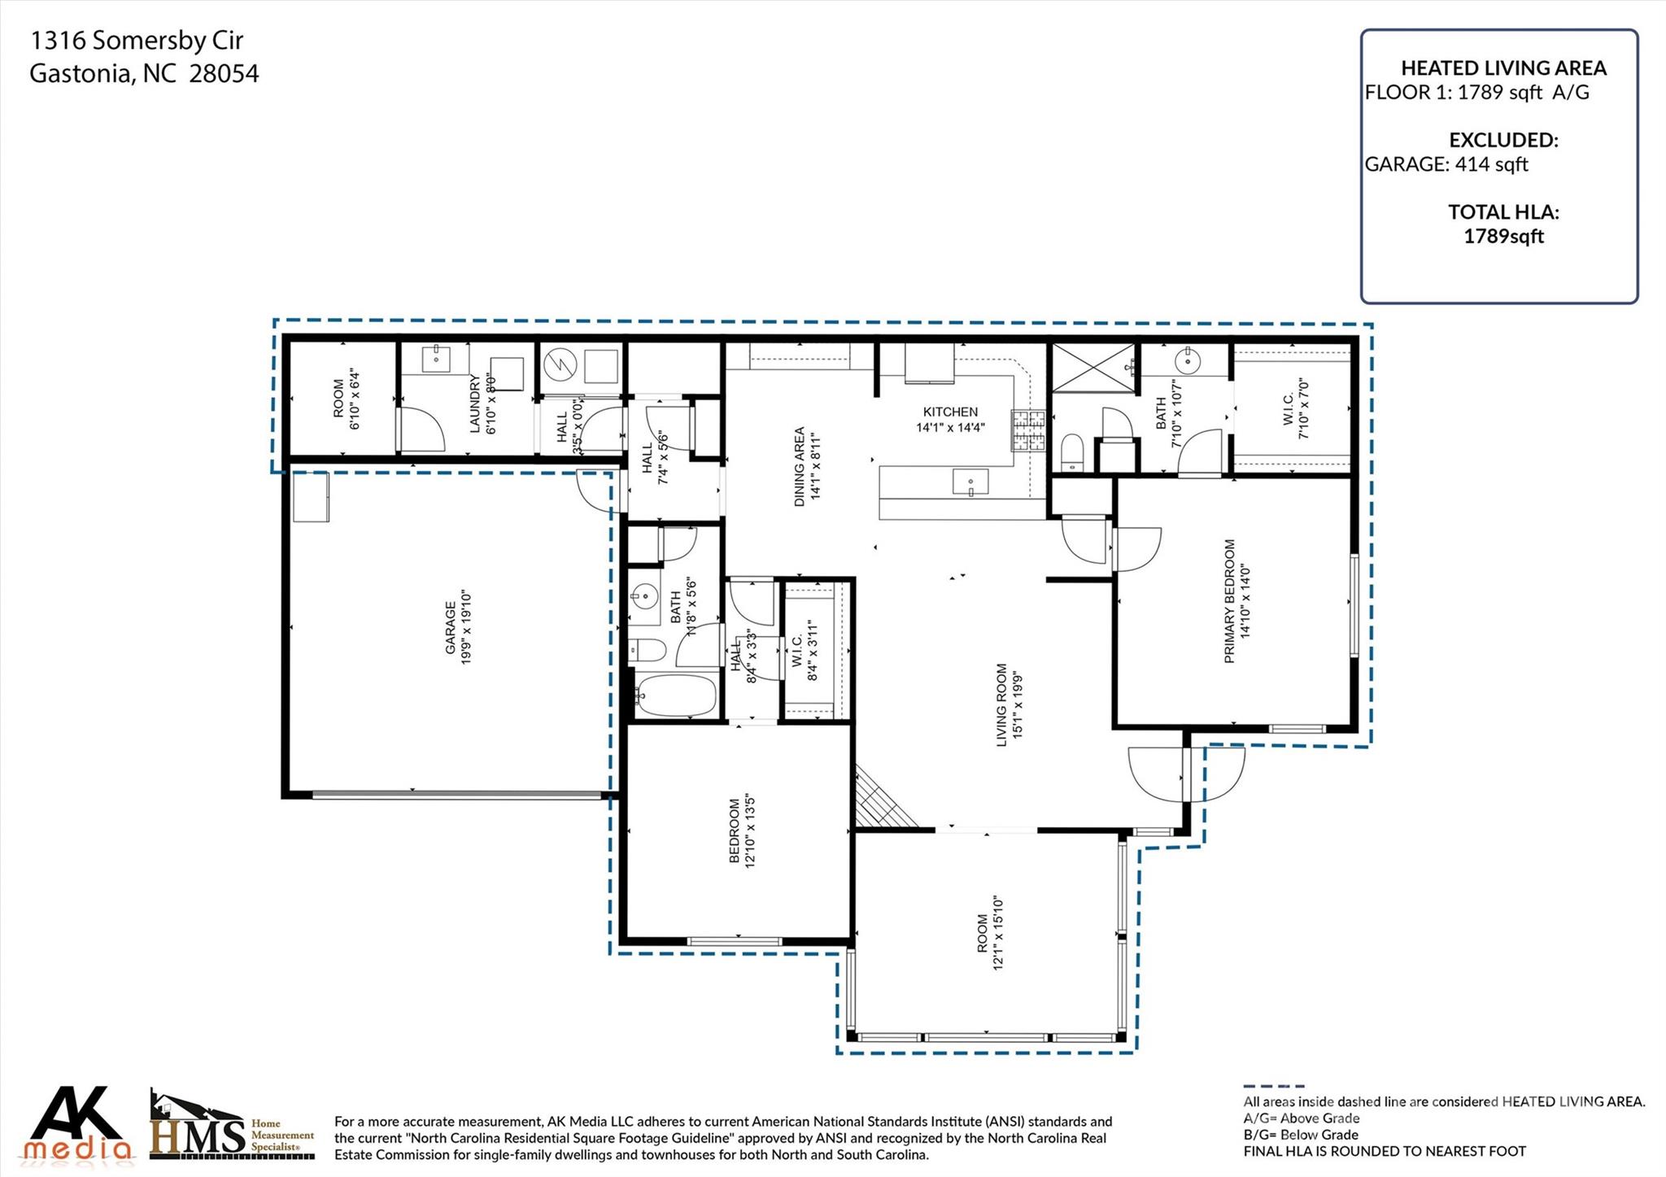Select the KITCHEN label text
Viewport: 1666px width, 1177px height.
tap(950, 412)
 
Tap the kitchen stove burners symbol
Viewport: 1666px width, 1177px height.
tap(1027, 431)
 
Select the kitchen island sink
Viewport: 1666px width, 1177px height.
tap(970, 482)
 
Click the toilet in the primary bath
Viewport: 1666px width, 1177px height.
tap(1072, 451)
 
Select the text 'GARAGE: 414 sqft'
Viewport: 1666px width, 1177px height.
tap(1446, 164)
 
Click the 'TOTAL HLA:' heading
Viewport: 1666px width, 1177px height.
tap(1502, 212)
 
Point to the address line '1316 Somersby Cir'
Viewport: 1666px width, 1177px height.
tap(136, 41)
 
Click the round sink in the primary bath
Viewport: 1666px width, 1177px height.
tap(1188, 358)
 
